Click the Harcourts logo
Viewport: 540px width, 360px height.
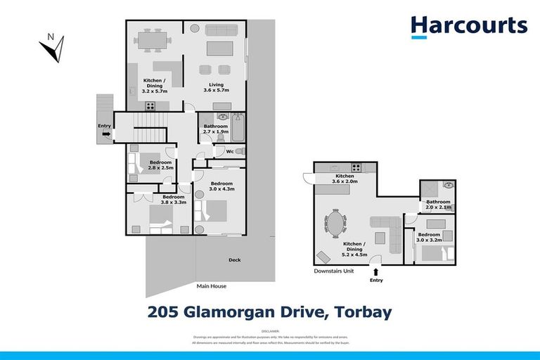coord(468,26)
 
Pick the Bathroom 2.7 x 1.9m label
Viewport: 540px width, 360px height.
coord(215,129)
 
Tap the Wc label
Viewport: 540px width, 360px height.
coord(229,151)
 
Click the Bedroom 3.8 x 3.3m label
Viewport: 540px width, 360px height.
coord(173,199)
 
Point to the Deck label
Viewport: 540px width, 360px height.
coord(234,260)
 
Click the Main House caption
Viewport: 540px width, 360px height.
coord(212,286)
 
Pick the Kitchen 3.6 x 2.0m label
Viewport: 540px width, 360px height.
coord(344,178)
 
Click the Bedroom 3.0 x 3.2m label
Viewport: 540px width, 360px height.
coord(428,236)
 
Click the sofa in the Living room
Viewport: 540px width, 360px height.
coord(219,48)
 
